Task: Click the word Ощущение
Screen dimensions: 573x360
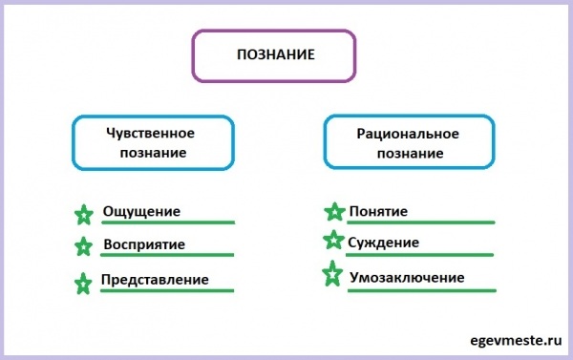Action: coord(141,211)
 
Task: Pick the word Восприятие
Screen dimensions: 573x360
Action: coord(143,244)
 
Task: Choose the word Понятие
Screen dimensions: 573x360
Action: coord(379,211)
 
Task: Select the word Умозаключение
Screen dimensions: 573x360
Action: coord(406,277)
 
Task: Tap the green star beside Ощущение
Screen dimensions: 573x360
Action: coord(84,214)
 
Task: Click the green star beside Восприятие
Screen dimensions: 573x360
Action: coord(84,246)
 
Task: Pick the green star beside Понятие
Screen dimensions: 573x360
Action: coord(334,212)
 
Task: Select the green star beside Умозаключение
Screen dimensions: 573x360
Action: coord(333,274)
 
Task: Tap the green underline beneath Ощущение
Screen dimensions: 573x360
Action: coord(167,222)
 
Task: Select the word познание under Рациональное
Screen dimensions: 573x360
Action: coord(408,153)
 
